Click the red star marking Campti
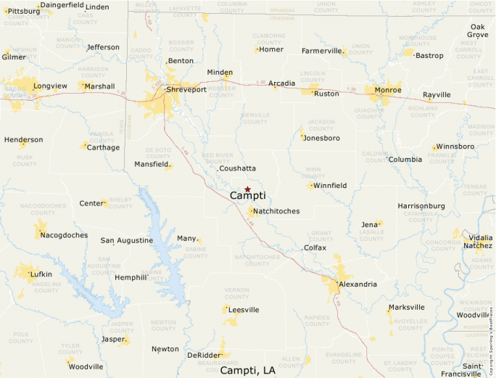(x=247, y=189)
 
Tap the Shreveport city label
(x=186, y=90)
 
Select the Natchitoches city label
(x=276, y=211)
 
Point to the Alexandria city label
(x=357, y=284)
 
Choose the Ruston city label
(x=326, y=94)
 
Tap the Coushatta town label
(x=238, y=168)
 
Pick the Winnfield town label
(x=330, y=186)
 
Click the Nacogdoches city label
(x=64, y=235)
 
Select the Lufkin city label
(x=41, y=274)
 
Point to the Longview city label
(x=49, y=86)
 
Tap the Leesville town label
(x=243, y=310)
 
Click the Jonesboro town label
(x=322, y=138)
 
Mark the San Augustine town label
(x=126, y=240)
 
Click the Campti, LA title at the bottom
(x=247, y=370)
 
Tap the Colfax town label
(x=315, y=247)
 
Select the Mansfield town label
(x=151, y=164)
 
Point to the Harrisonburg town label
(x=421, y=206)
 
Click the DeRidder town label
(x=203, y=355)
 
